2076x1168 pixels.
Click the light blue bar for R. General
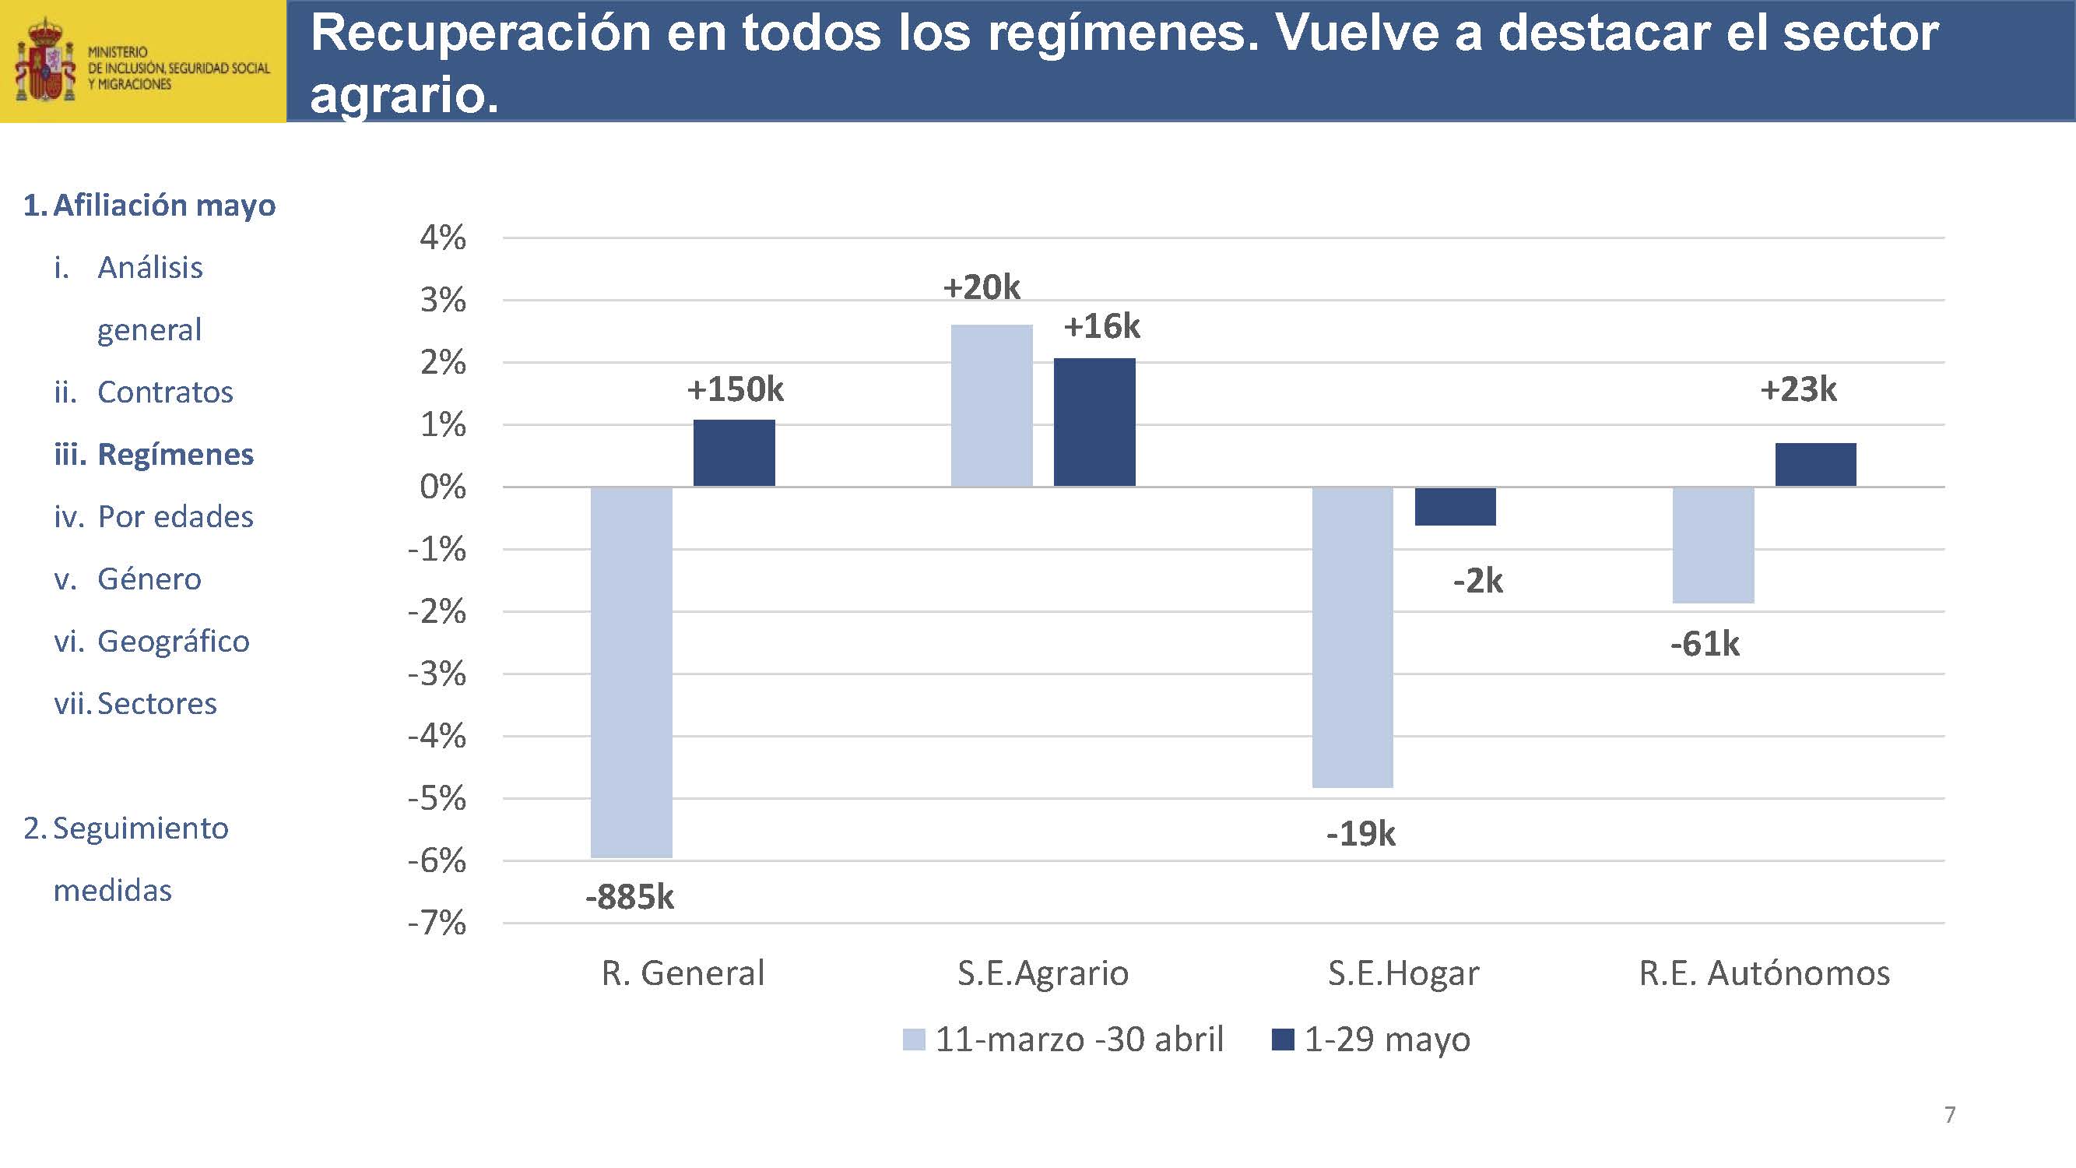pyautogui.click(x=631, y=671)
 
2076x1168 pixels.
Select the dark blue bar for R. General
pyautogui.click(x=733, y=453)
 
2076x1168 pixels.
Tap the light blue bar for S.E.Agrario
pyautogui.click(x=991, y=406)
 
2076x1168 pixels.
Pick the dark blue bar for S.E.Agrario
pyautogui.click(x=1094, y=422)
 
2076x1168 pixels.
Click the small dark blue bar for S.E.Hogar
pyautogui.click(x=1456, y=506)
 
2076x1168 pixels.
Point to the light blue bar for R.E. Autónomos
pyautogui.click(x=1713, y=545)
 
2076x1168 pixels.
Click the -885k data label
pyautogui.click(x=630, y=897)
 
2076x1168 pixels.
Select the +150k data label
pyautogui.click(x=734, y=389)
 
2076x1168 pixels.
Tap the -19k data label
pyautogui.click(x=1361, y=833)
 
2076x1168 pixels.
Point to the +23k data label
pyautogui.click(x=1798, y=389)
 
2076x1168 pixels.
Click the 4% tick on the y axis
pyautogui.click(x=442, y=237)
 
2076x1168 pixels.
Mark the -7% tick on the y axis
pyautogui.click(x=437, y=923)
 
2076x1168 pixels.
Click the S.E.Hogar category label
pyautogui.click(x=1403, y=973)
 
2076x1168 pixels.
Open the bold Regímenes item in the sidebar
pyautogui.click(x=175, y=455)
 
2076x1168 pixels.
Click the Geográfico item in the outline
pyautogui.click(x=174, y=642)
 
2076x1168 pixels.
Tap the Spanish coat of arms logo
pyautogui.click(x=45, y=62)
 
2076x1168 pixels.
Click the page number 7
pyautogui.click(x=1949, y=1114)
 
